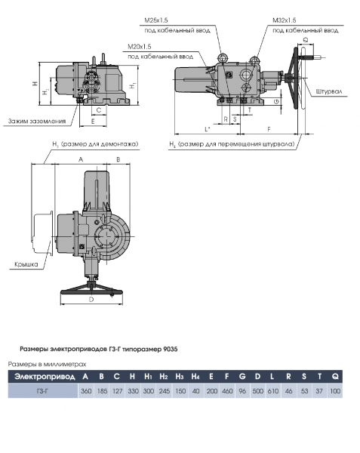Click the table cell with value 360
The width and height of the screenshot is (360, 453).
[x=86, y=391]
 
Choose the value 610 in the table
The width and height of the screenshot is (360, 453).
[x=272, y=391]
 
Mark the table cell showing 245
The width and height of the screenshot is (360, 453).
[x=164, y=391]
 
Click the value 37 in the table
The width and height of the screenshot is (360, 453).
[x=319, y=391]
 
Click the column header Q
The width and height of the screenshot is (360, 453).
[x=335, y=376]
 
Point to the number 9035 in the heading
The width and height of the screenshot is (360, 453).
[x=170, y=350]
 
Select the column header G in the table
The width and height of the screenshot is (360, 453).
[x=242, y=376]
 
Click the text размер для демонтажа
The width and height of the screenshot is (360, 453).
[x=94, y=143]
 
